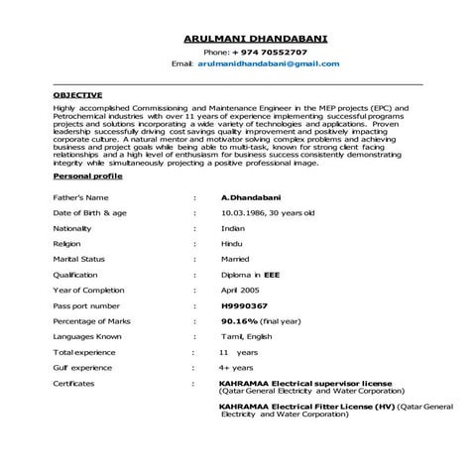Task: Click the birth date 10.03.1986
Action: [x=246, y=212]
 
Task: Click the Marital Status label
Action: [x=78, y=259]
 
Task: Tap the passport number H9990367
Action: [x=242, y=305]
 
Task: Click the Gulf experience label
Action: [x=80, y=368]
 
